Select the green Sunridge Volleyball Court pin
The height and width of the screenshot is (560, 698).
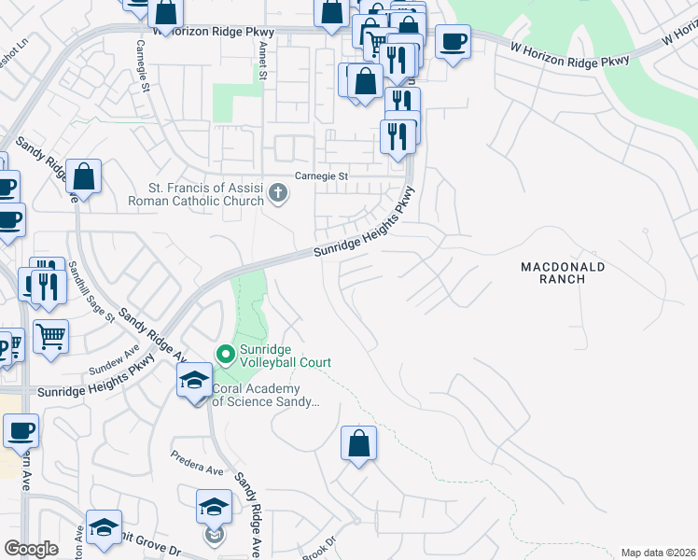coord(224,355)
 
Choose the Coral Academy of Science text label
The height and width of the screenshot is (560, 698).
coord(266,396)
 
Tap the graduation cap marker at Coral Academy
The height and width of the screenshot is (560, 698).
coord(194,382)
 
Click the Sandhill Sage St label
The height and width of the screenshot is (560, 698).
coord(91,292)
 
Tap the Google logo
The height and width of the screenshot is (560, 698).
coord(32,549)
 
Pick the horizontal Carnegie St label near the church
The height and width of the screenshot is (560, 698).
coord(321,175)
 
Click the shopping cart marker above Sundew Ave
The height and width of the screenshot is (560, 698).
coord(51,336)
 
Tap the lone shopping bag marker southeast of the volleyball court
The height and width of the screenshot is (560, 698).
coord(358,444)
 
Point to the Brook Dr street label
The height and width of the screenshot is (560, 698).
coord(318,550)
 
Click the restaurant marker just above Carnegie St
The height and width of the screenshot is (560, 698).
coord(398,136)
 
